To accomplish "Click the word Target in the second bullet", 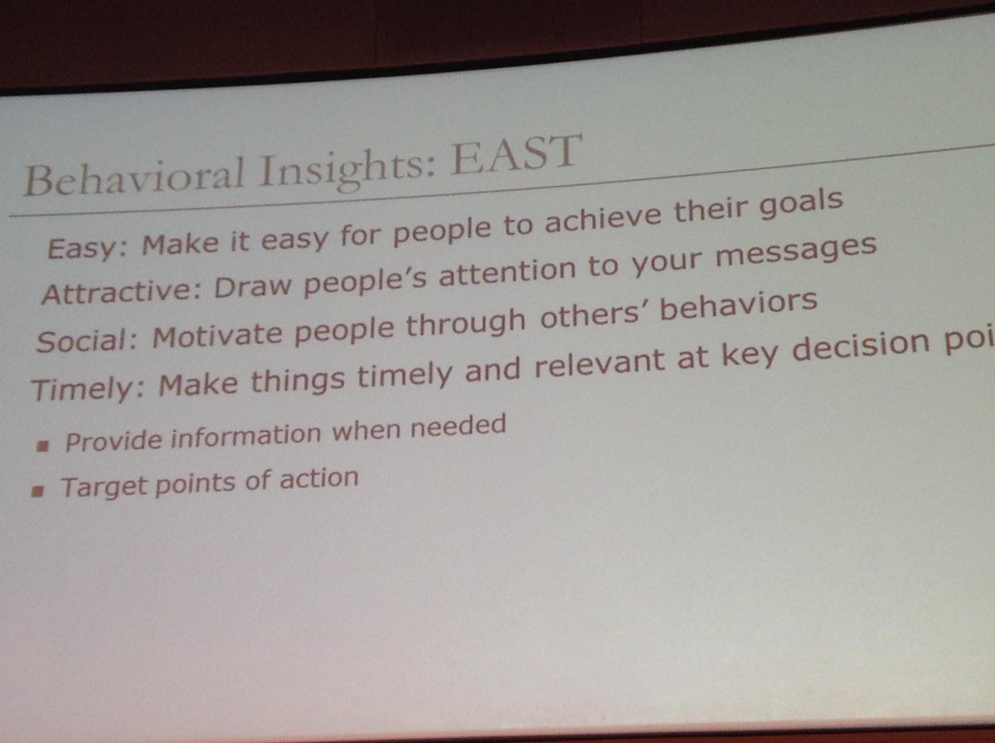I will coord(104,486).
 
